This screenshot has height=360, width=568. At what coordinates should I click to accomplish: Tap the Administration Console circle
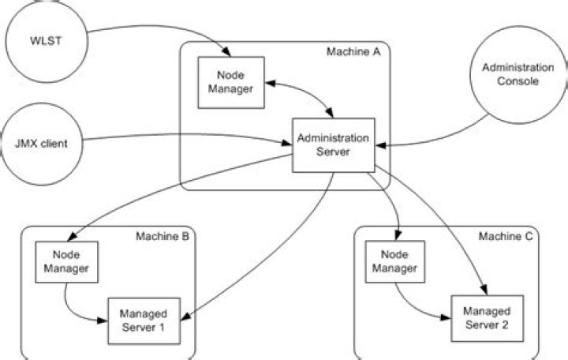coord(516,75)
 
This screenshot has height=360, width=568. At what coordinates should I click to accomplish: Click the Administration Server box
coord(332,144)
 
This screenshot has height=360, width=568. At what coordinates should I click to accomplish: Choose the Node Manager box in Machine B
coord(67,263)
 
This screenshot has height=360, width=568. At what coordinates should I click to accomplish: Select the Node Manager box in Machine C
coord(398,263)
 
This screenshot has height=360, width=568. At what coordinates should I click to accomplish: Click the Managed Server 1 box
coord(143,320)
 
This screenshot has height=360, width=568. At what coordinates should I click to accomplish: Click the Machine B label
coord(162,236)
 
